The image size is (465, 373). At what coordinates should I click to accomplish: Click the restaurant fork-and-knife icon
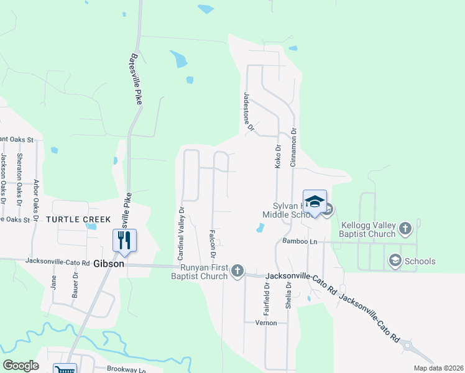(x=124, y=240)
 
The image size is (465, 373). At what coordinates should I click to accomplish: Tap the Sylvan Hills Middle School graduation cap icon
(x=315, y=201)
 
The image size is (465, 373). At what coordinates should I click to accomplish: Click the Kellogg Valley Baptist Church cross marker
(x=405, y=228)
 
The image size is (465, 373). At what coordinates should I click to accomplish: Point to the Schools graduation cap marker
(x=395, y=261)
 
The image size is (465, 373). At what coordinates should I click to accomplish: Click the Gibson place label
(x=109, y=264)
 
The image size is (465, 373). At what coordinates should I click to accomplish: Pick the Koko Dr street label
(x=279, y=156)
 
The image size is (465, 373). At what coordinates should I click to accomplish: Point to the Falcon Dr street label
(x=213, y=244)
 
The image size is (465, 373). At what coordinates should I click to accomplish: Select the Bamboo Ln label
(x=300, y=241)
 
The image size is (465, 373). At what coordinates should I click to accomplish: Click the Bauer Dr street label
(x=75, y=283)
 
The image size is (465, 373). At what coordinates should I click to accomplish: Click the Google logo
(x=21, y=366)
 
